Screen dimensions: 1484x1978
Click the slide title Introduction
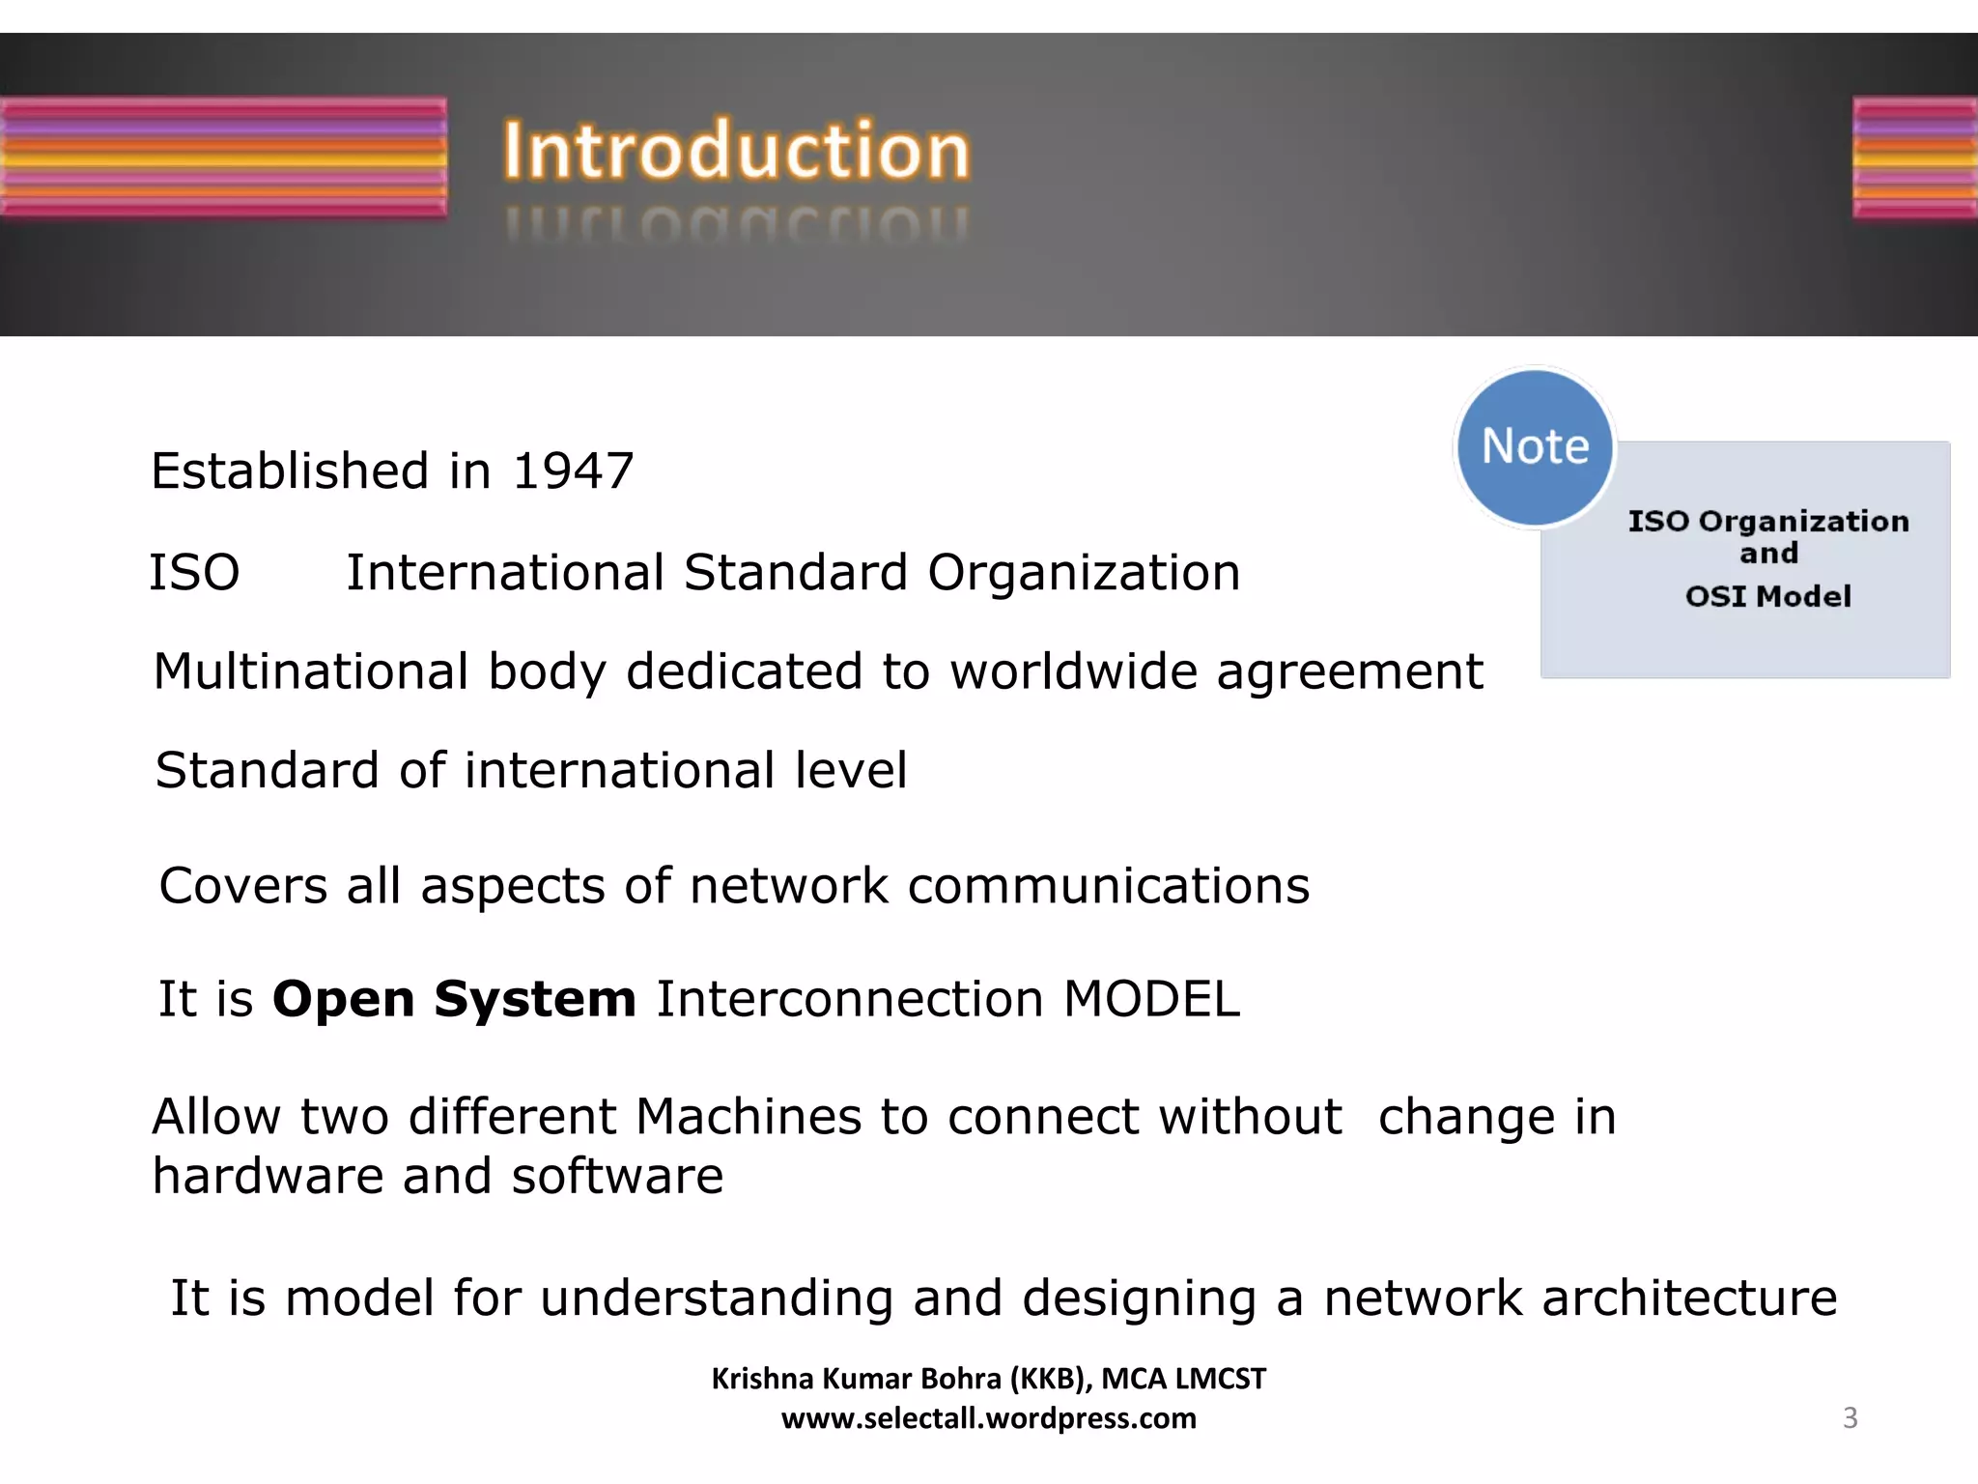736,151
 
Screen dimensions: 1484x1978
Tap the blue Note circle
1535,446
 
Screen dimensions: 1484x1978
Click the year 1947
573,471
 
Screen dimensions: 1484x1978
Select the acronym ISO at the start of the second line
194,572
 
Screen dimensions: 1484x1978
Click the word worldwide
1073,671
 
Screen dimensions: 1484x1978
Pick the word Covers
242,886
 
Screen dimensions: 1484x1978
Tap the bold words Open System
454,999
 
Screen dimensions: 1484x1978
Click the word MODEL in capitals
1151,999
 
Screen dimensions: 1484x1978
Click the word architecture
1689,1298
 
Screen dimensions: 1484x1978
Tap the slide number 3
1850,1417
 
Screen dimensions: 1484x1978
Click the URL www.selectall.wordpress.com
988,1418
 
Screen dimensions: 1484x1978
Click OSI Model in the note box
1768,596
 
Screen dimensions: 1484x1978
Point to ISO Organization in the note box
1768,522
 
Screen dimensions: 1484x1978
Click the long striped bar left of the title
223,157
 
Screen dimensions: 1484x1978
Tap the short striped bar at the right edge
1914,157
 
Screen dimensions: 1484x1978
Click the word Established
290,471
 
